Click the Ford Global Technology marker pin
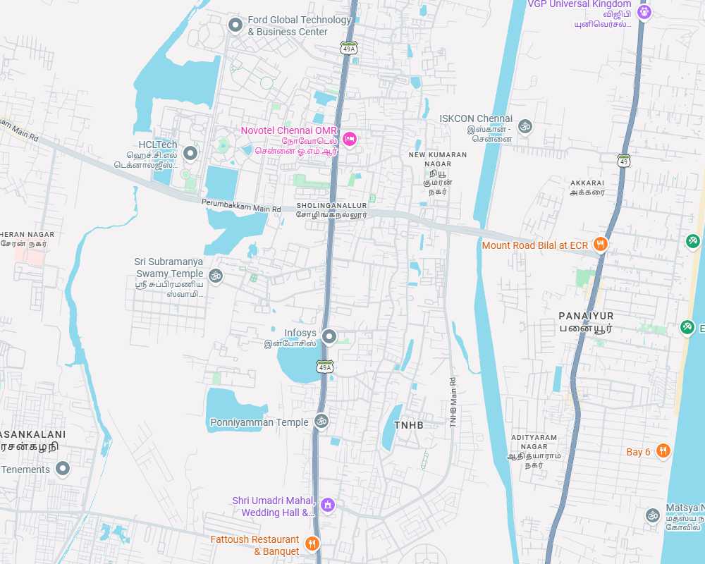pos(235,25)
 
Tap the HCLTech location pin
pos(190,153)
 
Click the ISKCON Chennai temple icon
pos(525,127)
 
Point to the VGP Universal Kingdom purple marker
pos(644,12)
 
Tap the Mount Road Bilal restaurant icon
pos(601,245)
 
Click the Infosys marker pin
pos(329,336)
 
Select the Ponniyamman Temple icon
pos(321,422)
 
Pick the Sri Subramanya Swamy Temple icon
pos(216,275)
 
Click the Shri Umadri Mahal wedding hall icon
pos(327,505)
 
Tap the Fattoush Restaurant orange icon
pos(312,544)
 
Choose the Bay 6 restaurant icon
pos(663,451)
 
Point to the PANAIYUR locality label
pos(586,316)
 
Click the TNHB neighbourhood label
pos(409,425)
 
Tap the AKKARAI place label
pos(587,183)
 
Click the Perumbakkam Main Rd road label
pos(241,209)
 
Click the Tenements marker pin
pos(63,469)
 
